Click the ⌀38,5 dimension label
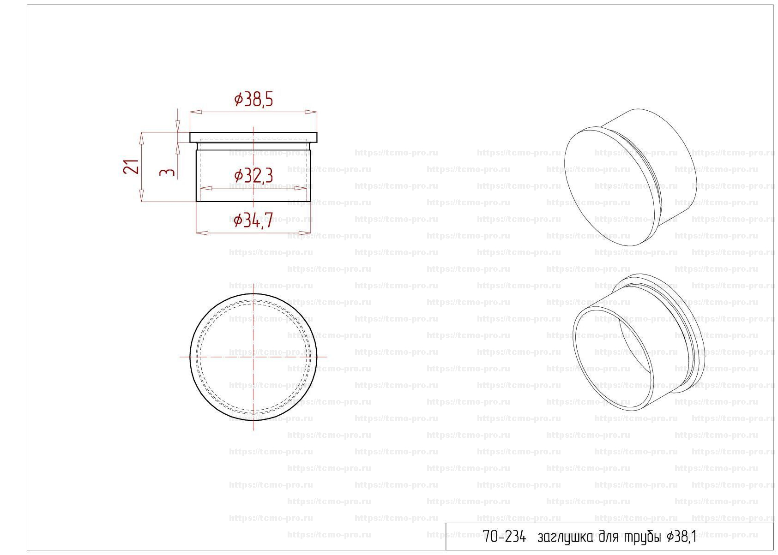[253, 100]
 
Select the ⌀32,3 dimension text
[253, 176]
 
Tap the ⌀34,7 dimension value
[253, 221]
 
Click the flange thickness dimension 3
[167, 172]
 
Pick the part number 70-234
[504, 537]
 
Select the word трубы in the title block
[641, 539]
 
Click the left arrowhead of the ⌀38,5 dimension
[196, 112]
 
